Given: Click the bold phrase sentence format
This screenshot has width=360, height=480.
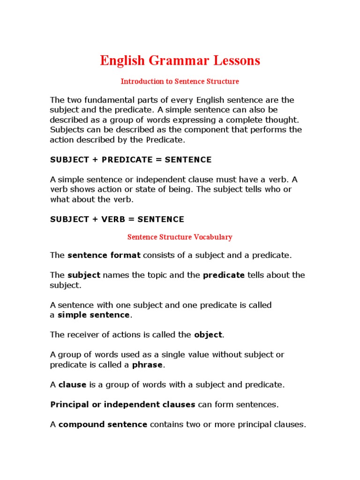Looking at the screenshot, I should coord(104,255).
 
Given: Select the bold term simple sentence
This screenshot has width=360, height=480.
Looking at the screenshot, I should coord(93,315).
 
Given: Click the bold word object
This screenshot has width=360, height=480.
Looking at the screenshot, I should coord(209,335).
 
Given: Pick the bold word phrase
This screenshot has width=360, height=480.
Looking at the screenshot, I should coord(147,365).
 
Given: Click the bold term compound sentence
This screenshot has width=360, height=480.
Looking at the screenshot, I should coord(103,425).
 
